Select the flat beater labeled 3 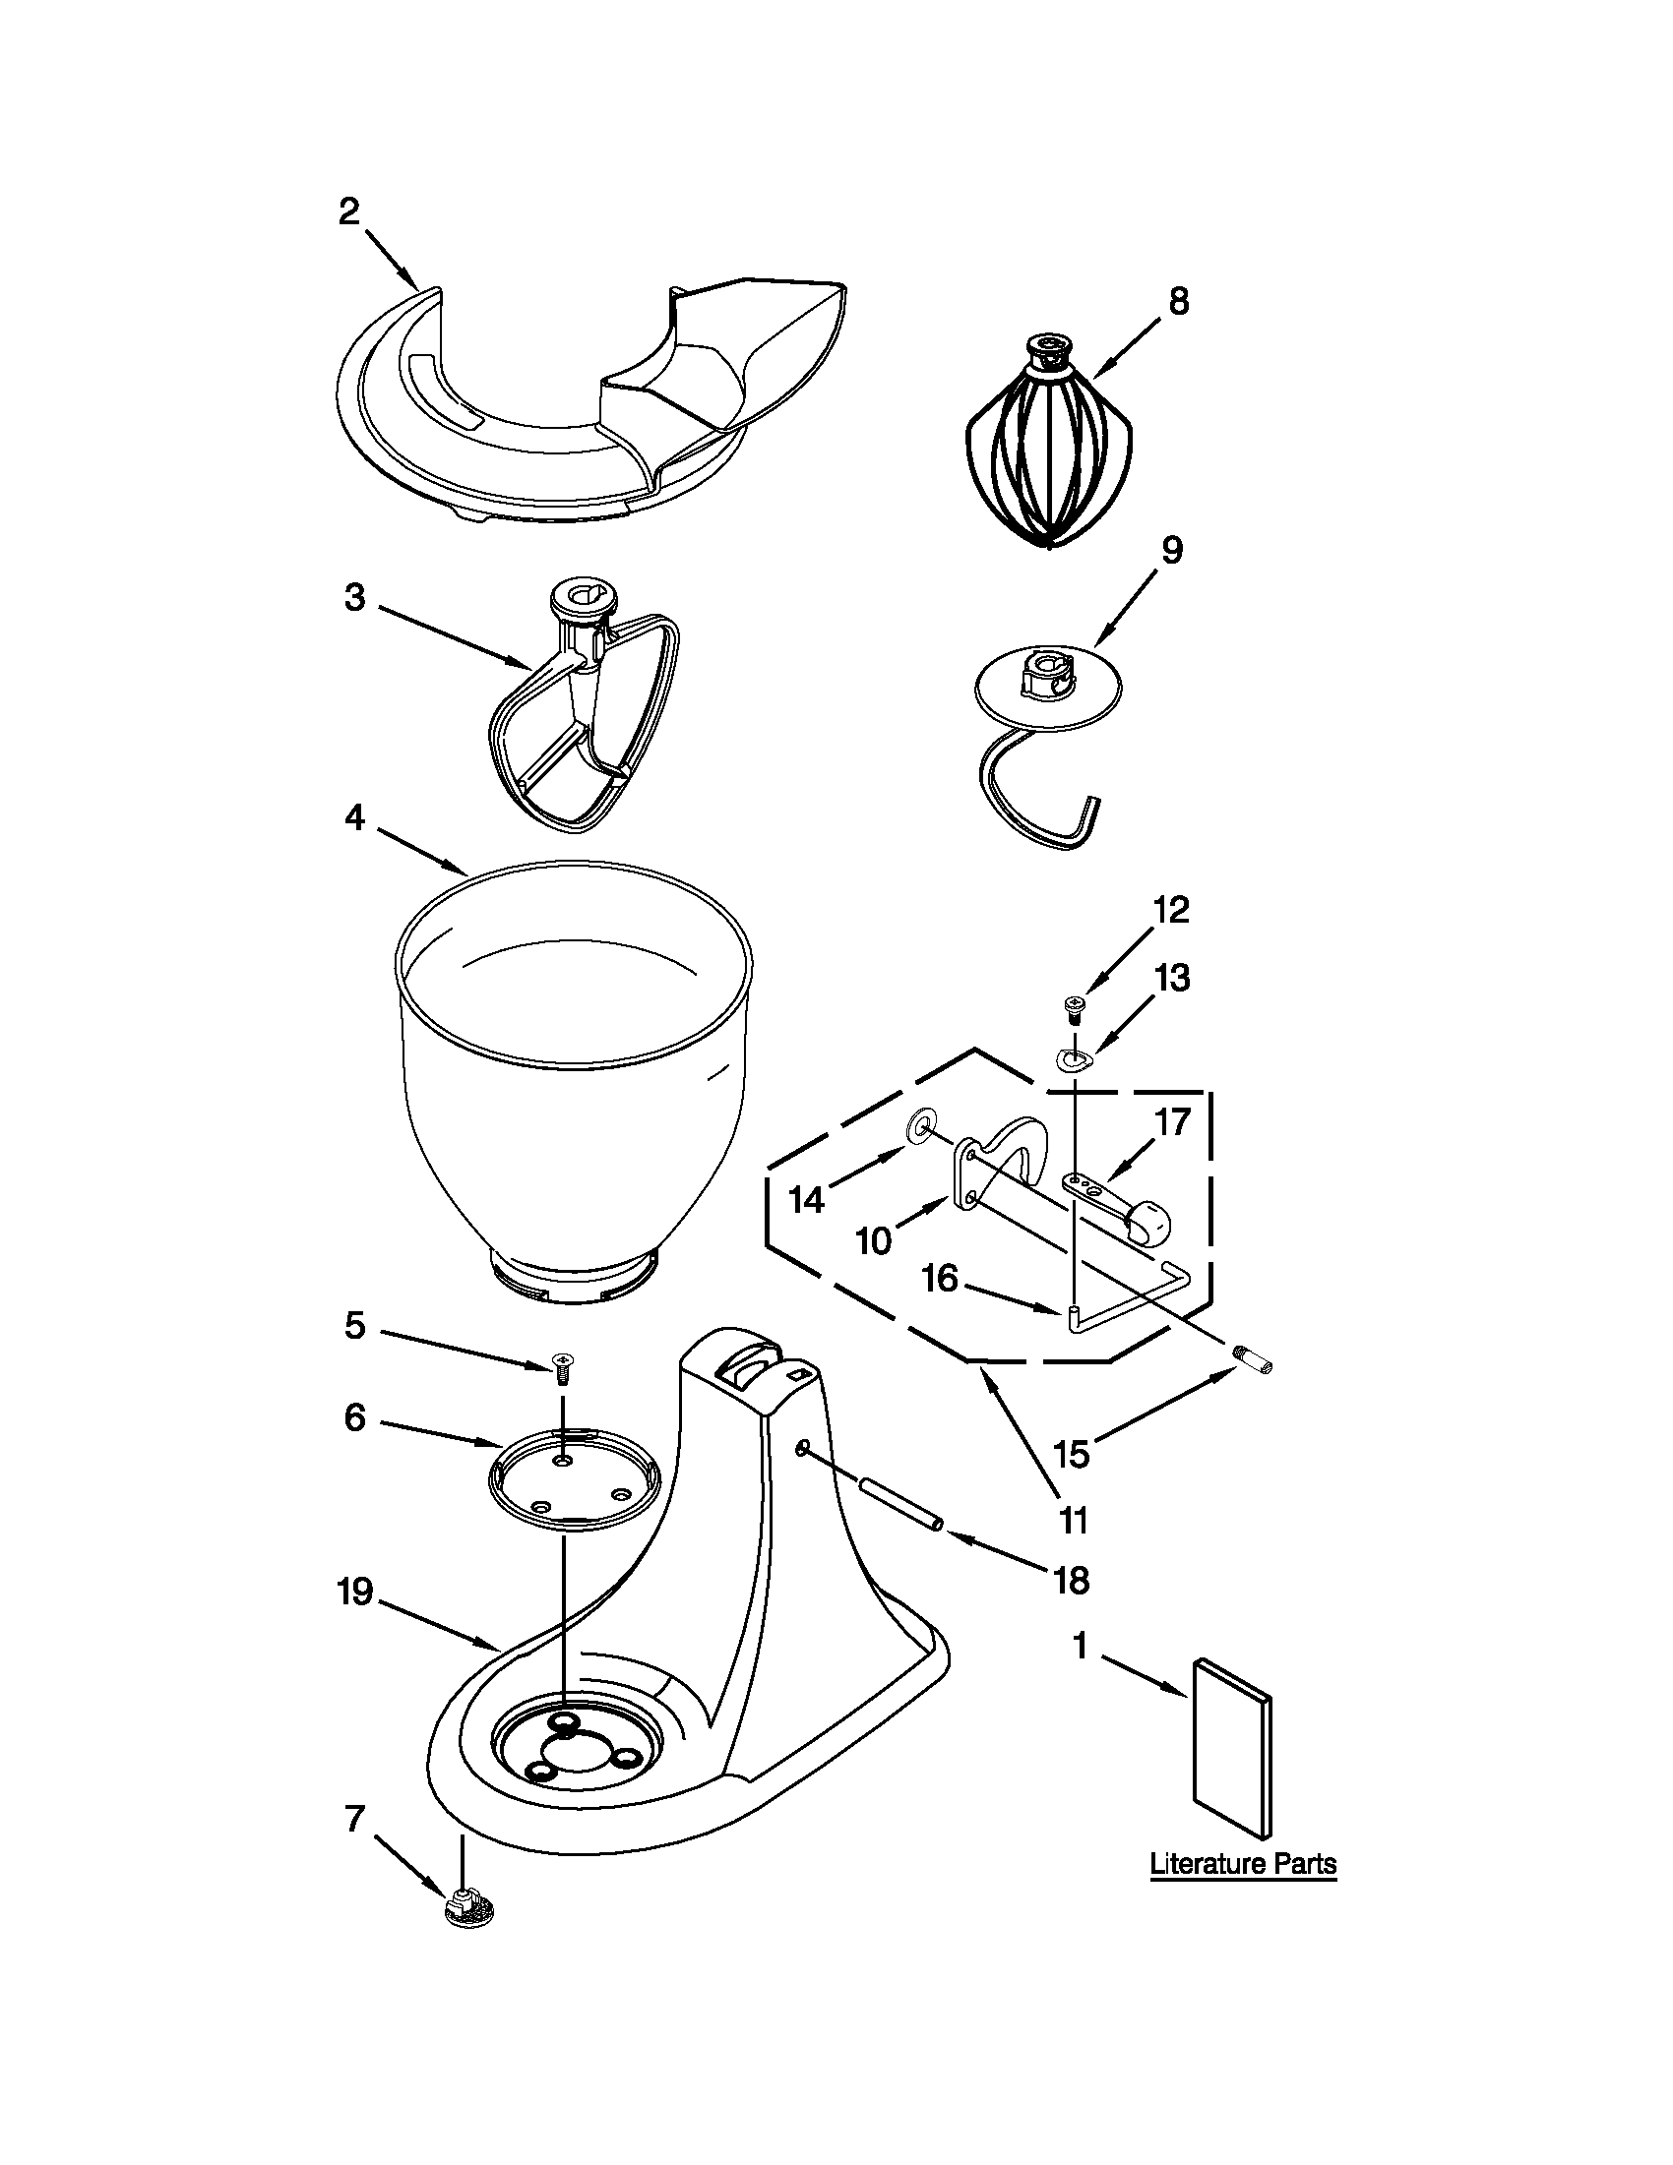click(586, 724)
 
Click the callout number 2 click(349, 211)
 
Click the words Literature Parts click(1243, 1864)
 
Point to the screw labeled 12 click(1073, 1008)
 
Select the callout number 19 click(355, 1594)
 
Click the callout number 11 click(1074, 1520)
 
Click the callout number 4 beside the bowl click(355, 817)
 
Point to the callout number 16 click(940, 1279)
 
